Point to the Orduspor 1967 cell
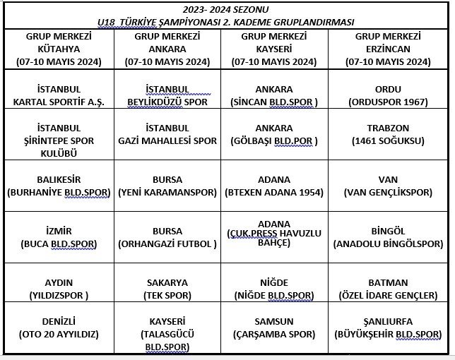(388, 96)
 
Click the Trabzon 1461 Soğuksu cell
(388, 134)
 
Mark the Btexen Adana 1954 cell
(274, 185)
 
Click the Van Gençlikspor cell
(388, 185)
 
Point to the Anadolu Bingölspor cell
(388, 237)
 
